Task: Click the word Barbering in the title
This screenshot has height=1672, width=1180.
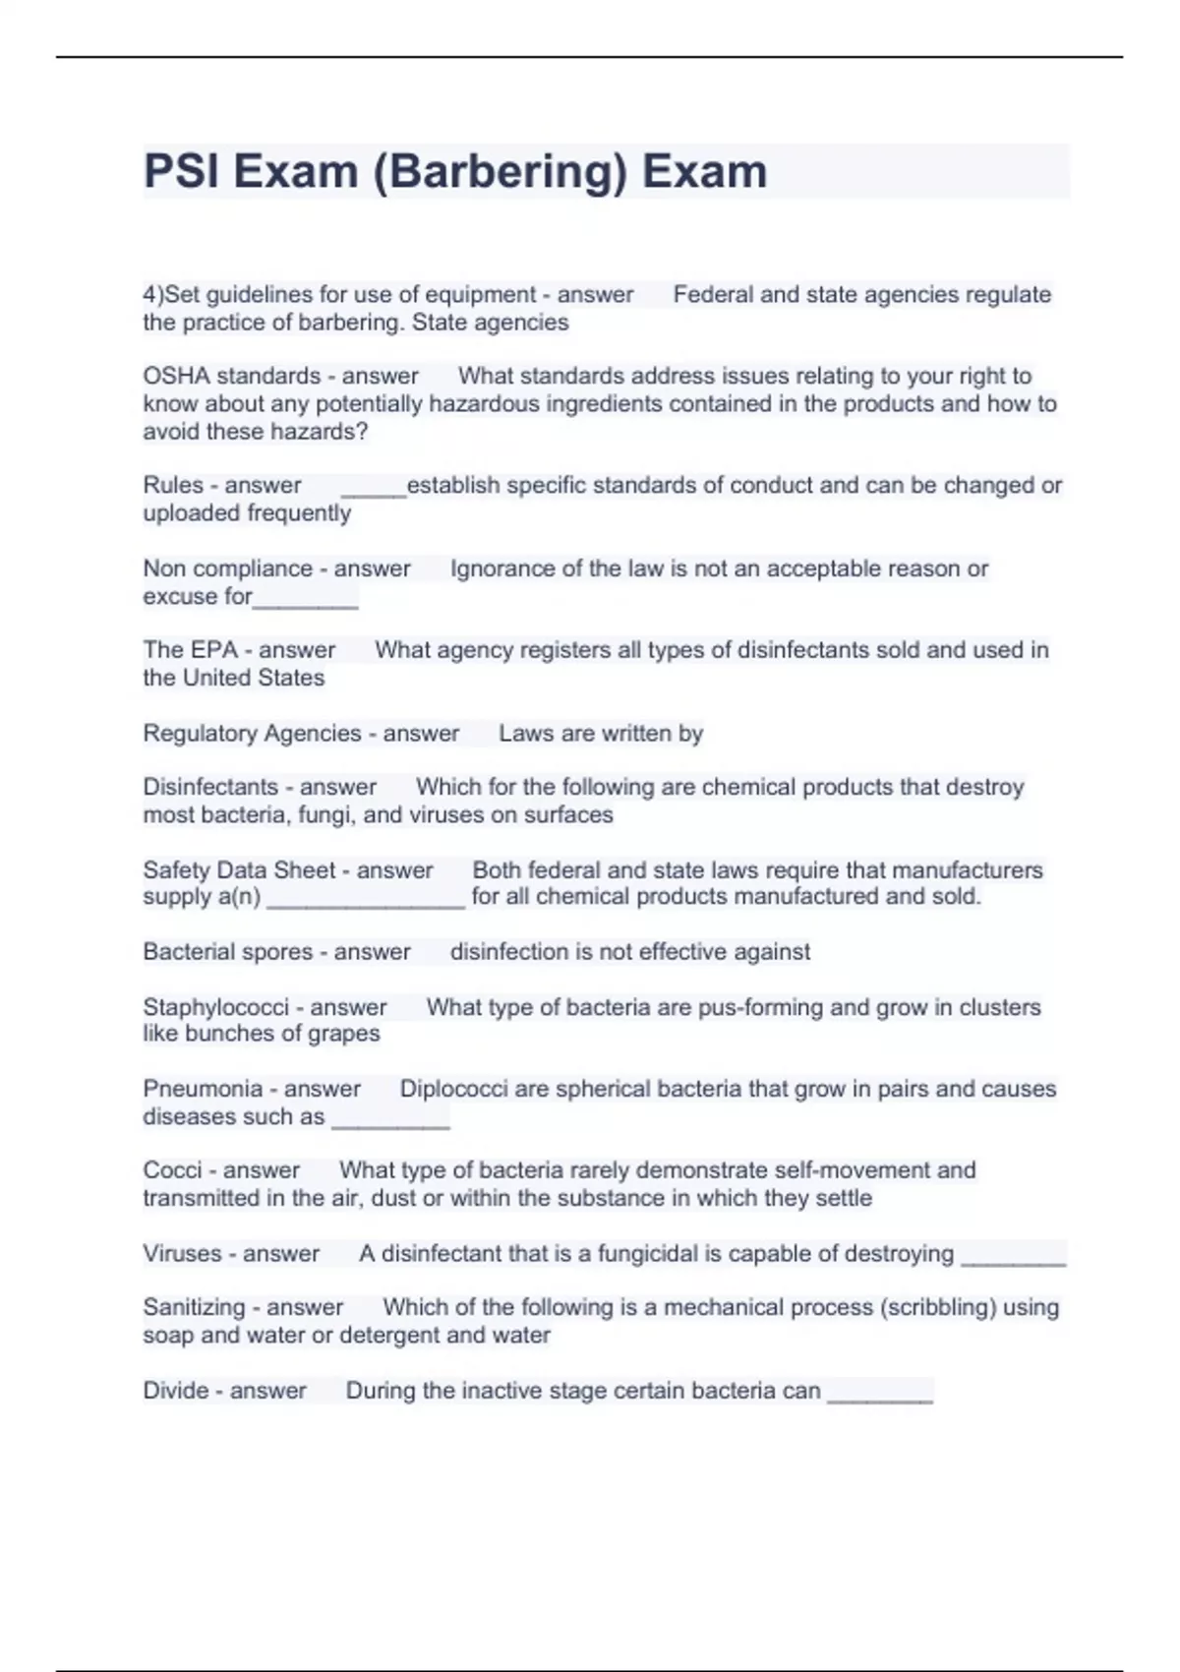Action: [x=500, y=172]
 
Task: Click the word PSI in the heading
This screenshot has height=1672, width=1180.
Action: [x=183, y=172]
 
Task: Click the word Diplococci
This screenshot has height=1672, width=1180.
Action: [x=453, y=1089]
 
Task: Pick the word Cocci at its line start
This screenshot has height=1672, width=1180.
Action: [x=172, y=1170]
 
